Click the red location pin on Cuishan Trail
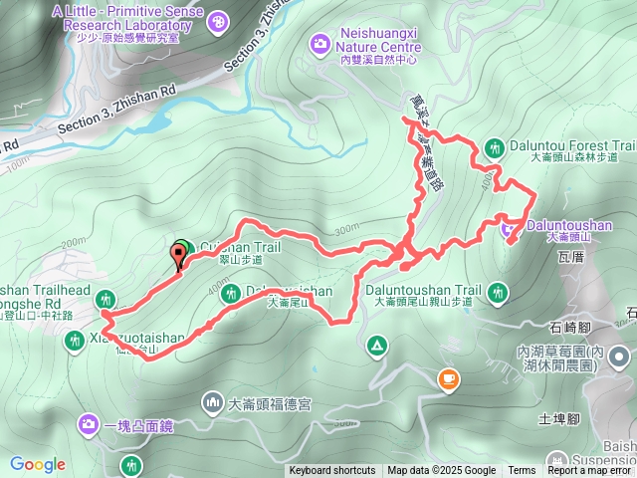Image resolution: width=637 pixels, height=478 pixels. point(180,255)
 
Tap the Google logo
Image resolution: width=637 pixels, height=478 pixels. point(37,464)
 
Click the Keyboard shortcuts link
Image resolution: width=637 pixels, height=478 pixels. point(333,471)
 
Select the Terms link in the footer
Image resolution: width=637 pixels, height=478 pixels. point(522,471)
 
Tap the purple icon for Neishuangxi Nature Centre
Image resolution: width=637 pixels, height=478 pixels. point(319,42)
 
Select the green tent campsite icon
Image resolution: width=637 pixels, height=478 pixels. point(377,346)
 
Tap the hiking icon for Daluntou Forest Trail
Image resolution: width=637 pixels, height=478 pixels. point(494,148)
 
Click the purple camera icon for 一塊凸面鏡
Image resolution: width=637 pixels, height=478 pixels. point(89,426)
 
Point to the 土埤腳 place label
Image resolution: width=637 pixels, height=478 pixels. point(559,419)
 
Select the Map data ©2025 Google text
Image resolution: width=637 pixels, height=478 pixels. point(441,471)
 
